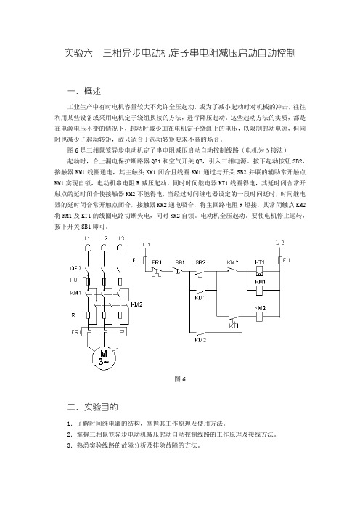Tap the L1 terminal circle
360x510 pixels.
point(87,248)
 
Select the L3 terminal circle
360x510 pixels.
point(120,248)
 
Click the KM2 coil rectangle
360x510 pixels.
point(259,317)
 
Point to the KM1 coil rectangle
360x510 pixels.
point(259,290)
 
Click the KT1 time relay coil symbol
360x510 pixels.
point(260,270)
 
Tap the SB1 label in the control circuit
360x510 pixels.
point(180,262)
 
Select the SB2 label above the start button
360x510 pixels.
point(200,262)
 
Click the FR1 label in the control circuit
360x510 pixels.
point(157,262)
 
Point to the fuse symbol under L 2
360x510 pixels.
point(279,261)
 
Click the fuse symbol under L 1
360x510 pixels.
point(146,260)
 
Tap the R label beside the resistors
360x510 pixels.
point(73,315)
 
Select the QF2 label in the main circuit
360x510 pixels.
point(75,268)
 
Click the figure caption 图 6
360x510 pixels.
point(180,379)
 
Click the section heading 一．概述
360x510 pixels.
point(83,91)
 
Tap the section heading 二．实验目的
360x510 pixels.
point(93,407)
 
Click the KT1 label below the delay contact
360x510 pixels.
point(234,325)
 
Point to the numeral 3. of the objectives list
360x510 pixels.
point(70,445)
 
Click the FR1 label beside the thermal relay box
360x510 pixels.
point(76,332)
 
